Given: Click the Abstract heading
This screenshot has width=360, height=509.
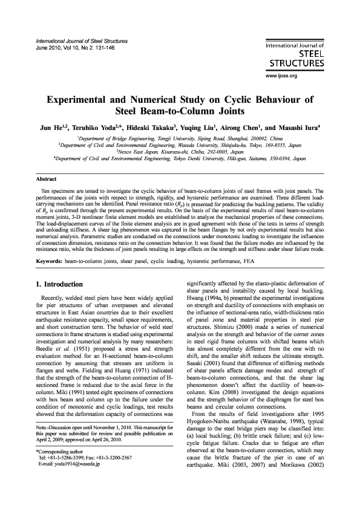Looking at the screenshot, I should [x=47, y=180].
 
